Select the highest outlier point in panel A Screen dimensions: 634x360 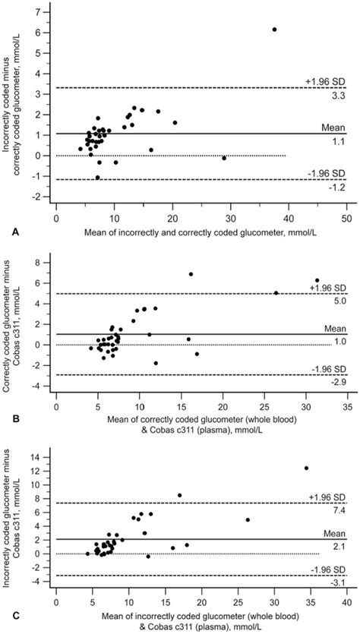[x=274, y=29]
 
